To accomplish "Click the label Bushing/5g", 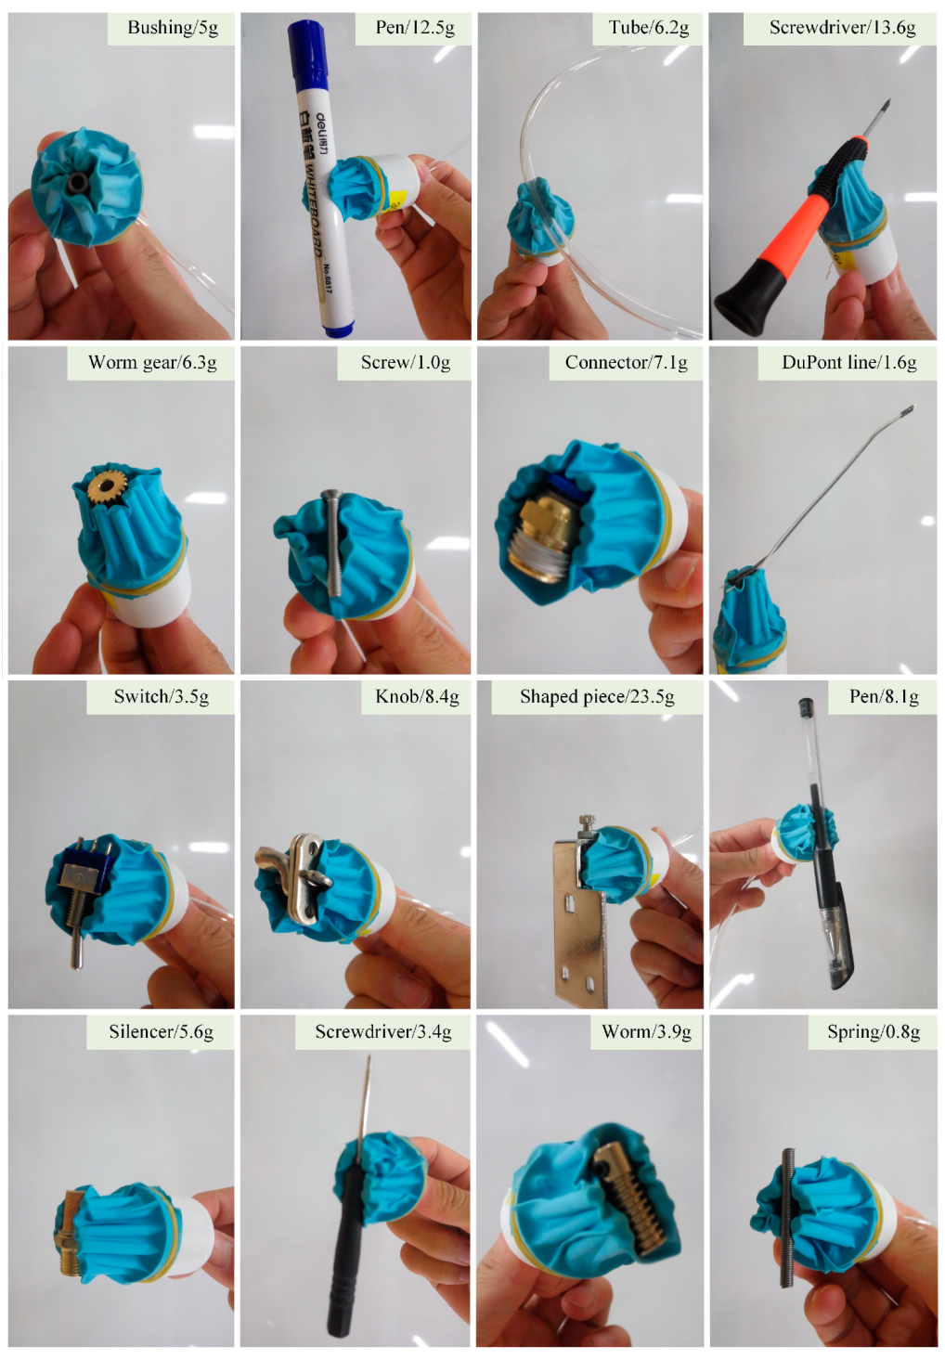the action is pyautogui.click(x=173, y=28).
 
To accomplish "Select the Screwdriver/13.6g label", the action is pyautogui.click(x=842, y=28).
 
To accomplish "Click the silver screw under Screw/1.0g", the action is pyautogui.click(x=335, y=542).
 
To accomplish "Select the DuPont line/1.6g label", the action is pyautogui.click(x=848, y=363).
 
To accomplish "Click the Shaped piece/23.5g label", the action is pyautogui.click(x=597, y=697).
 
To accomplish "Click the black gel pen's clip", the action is pyautogui.click(x=843, y=947).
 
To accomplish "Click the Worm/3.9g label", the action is pyautogui.click(x=646, y=1032).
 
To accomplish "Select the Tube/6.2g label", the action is pyautogui.click(x=648, y=28).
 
